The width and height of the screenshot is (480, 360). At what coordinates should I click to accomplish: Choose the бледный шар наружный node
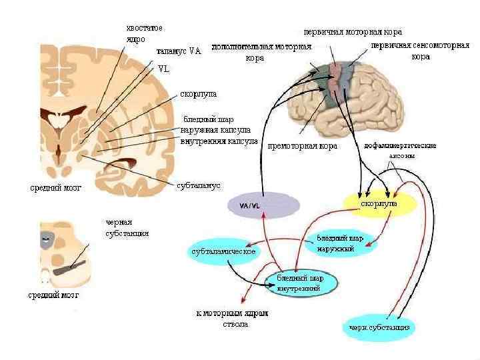click(340, 243)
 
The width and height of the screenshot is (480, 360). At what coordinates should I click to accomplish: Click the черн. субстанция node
click(379, 327)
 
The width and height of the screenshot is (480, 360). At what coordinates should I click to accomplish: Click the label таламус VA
click(179, 51)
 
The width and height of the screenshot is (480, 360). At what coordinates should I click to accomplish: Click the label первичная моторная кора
click(353, 31)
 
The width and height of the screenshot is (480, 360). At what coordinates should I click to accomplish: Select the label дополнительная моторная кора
click(262, 52)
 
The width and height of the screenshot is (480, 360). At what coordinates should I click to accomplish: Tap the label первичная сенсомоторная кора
click(419, 52)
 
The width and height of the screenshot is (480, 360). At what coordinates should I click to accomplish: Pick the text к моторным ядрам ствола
click(232, 319)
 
